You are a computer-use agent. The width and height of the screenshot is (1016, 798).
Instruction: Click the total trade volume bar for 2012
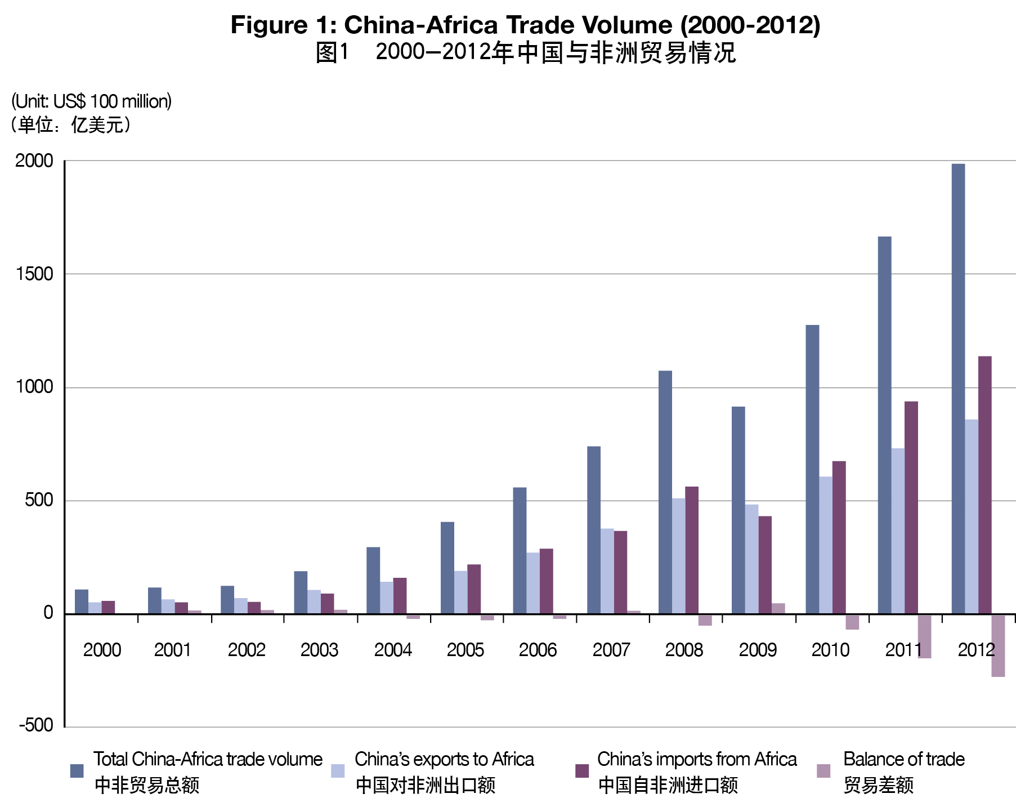pyautogui.click(x=957, y=389)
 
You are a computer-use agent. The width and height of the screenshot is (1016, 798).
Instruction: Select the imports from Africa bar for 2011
pyautogui.click(x=911, y=507)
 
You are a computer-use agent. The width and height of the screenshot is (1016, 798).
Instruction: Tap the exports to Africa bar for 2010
pyautogui.click(x=825, y=545)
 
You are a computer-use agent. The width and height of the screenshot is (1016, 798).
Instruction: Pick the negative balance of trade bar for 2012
pyautogui.click(x=998, y=645)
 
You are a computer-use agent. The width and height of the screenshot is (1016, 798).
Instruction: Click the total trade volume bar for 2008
pyautogui.click(x=665, y=492)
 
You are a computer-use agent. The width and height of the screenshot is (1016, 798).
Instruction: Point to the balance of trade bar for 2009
pyautogui.click(x=778, y=609)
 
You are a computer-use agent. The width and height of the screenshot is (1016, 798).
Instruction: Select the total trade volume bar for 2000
pyautogui.click(x=82, y=601)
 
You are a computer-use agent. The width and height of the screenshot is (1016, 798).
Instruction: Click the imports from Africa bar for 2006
pyautogui.click(x=546, y=581)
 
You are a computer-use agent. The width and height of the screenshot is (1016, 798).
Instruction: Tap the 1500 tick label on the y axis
pyautogui.click(x=34, y=274)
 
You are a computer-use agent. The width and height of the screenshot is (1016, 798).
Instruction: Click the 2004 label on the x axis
pyautogui.click(x=393, y=650)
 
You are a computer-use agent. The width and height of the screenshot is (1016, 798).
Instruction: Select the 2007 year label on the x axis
pyautogui.click(x=611, y=650)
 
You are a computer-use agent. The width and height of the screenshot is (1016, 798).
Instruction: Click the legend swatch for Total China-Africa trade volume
pyautogui.click(x=77, y=770)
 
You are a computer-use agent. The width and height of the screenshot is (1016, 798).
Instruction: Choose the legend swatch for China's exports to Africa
pyautogui.click(x=338, y=770)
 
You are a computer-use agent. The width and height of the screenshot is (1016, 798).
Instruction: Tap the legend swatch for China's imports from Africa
pyautogui.click(x=582, y=770)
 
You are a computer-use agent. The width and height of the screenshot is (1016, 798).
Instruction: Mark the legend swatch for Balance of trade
pyautogui.click(x=823, y=770)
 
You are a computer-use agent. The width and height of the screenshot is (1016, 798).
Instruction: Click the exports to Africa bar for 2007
pyautogui.click(x=607, y=571)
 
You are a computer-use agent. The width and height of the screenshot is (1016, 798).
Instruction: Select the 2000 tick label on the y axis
pyautogui.click(x=34, y=161)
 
